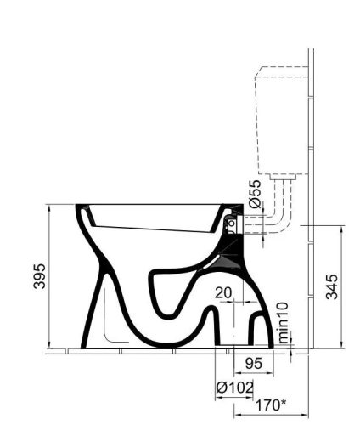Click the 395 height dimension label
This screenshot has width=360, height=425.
tap(39, 276)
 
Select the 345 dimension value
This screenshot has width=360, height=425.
tap(332, 286)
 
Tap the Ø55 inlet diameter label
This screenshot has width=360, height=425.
tap(255, 194)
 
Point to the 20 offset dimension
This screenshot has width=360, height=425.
tap(223, 292)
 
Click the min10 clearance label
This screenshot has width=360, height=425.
tap(283, 323)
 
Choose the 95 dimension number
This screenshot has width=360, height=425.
tap(254, 363)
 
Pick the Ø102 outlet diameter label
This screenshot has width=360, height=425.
tap(234, 388)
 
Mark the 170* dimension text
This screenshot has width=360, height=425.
tap(271, 405)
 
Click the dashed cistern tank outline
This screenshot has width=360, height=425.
tap(256, 122)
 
